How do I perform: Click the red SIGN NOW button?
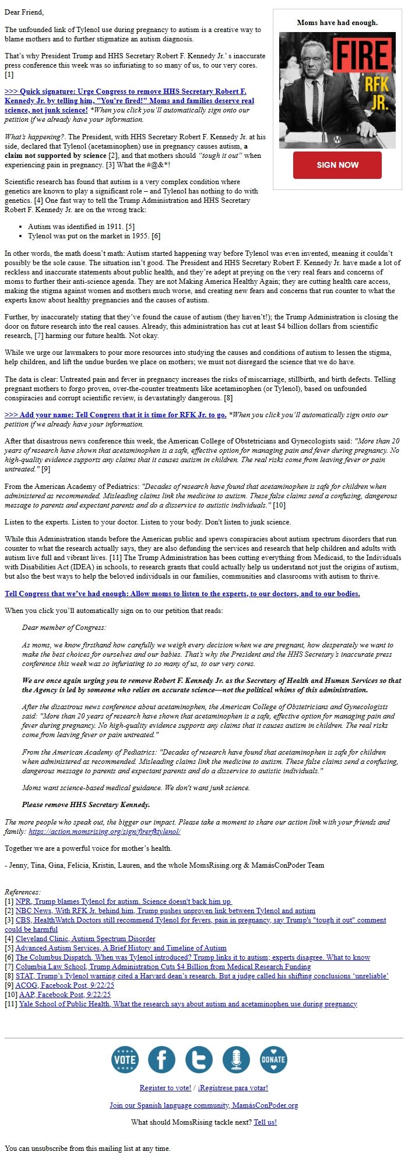click(337, 165)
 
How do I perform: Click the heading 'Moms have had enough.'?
click(337, 23)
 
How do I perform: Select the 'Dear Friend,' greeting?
click(24, 12)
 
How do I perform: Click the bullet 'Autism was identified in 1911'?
click(81, 227)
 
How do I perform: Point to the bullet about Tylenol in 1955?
click(94, 236)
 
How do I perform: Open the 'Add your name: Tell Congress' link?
click(115, 415)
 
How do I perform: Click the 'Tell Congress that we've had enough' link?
click(182, 594)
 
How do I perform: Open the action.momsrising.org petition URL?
click(104, 832)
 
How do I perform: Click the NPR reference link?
click(123, 901)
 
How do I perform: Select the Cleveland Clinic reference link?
click(85, 939)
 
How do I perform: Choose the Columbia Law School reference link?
click(163, 967)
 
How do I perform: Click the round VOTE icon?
click(125, 1059)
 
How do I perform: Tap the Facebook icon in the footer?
click(161, 1059)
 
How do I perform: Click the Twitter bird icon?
click(199, 1059)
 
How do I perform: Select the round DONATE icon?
click(273, 1059)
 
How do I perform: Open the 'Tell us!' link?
click(265, 1122)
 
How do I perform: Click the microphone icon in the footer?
click(236, 1059)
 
